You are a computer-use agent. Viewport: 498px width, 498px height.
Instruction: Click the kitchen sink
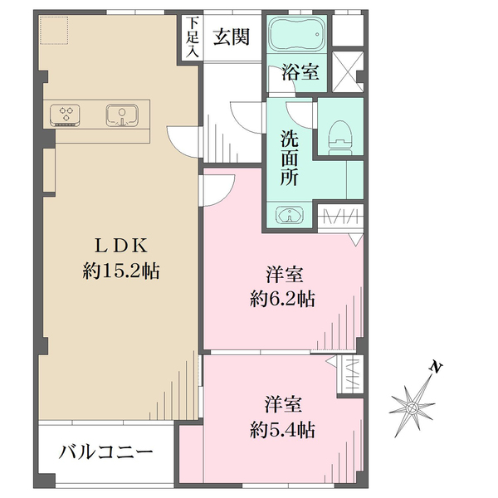coord(121,115)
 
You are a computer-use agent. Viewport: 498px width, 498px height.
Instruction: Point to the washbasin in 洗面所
coord(289,216)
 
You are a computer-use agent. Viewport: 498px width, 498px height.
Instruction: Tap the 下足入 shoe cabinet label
coord(193,37)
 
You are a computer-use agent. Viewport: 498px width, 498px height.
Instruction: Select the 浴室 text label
coord(298,73)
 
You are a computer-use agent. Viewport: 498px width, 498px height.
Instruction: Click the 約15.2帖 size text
coord(121,270)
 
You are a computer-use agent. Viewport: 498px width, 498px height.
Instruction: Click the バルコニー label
coord(105,453)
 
